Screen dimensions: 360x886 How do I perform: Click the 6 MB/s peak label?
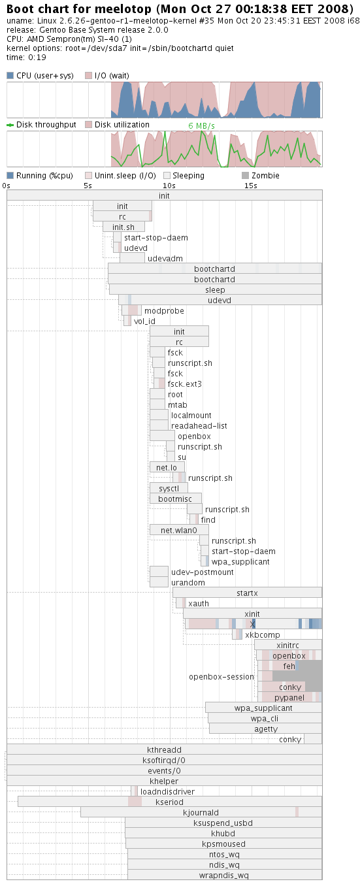tap(201, 126)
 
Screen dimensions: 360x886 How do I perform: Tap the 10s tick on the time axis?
tap(169, 186)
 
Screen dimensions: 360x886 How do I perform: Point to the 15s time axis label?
tap(250, 186)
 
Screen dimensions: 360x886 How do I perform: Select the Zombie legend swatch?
tap(245, 175)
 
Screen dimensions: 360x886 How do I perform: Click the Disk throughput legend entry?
tap(42, 125)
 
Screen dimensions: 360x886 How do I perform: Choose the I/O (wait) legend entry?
tap(107, 76)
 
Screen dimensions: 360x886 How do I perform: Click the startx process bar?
tap(247, 593)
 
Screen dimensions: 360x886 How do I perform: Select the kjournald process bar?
tap(201, 812)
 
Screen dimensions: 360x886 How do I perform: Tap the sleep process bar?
tap(215, 290)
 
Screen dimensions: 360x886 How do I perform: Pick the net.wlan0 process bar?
tap(179, 531)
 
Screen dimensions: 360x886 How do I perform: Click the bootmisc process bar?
tap(176, 499)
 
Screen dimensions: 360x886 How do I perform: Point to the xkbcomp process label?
tap(262, 635)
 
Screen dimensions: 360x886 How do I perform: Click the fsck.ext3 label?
tap(184, 384)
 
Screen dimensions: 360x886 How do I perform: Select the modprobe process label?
tap(164, 311)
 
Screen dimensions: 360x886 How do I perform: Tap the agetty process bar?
tap(265, 729)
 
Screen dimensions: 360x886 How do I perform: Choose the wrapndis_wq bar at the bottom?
tap(225, 876)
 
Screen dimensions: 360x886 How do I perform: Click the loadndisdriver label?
tap(167, 791)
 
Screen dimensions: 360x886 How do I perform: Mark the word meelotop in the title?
tap(119, 9)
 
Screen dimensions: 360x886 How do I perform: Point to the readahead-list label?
tap(199, 425)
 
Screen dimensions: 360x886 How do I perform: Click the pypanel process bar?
tap(289, 697)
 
